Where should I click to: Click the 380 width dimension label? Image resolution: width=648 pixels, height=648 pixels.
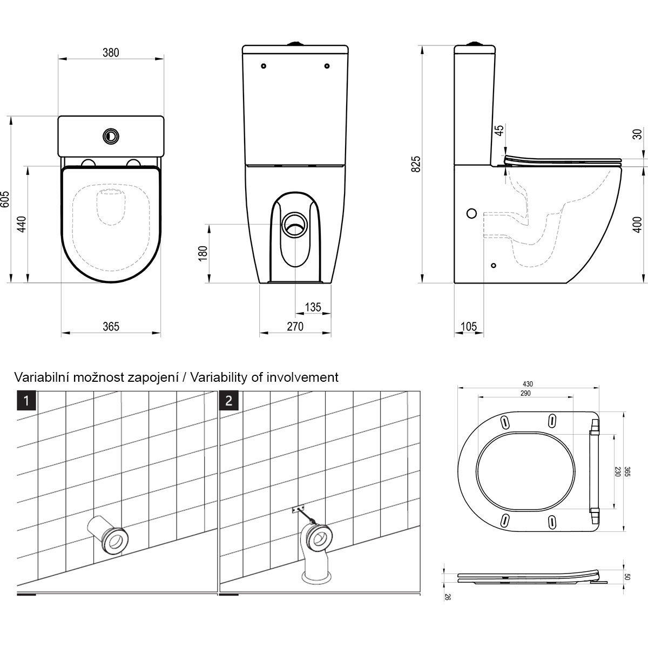point(111,53)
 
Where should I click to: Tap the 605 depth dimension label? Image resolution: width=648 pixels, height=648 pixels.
point(5,199)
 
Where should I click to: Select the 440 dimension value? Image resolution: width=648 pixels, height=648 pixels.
point(22,224)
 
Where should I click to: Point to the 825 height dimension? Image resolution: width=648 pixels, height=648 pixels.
point(416,164)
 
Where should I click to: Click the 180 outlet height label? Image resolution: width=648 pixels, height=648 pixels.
point(203,254)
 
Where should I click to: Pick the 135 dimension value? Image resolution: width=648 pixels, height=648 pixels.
point(313,307)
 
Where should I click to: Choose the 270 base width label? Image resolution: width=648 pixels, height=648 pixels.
point(295,327)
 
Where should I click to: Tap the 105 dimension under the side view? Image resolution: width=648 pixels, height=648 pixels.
point(468,327)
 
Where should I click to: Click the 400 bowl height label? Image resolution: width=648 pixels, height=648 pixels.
point(637,225)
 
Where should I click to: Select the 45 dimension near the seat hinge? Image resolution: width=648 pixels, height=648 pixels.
point(500,131)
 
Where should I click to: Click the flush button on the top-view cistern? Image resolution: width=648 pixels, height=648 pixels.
point(111,136)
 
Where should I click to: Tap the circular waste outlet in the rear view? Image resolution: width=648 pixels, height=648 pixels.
point(295,225)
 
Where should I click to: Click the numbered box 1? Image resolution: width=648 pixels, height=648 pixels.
point(26,401)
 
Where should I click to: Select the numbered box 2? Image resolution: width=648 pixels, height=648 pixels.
point(228,401)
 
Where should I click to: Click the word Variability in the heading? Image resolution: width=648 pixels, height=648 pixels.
point(219,377)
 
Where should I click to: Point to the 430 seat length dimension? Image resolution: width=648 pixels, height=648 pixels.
point(528,384)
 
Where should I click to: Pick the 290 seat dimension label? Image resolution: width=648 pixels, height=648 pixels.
point(525,393)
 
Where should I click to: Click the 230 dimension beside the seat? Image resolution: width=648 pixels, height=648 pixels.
point(617,471)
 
